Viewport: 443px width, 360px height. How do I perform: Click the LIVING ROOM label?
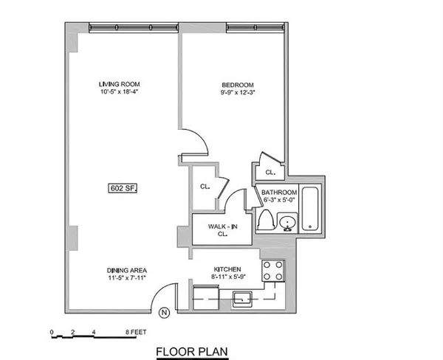pos(120,83)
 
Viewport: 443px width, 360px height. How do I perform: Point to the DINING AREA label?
pos(120,270)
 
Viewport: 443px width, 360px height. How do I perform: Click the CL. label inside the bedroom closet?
pos(270,173)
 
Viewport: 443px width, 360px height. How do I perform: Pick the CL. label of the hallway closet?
pos(205,187)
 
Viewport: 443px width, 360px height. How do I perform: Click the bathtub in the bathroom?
pos(312,208)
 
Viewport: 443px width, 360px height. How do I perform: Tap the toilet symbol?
pos(267,221)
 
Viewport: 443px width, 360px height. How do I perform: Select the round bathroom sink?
pos(288,222)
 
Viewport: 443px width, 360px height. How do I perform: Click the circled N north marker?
pos(163,313)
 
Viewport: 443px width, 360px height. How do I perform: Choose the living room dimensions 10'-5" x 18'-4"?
pos(120,94)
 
